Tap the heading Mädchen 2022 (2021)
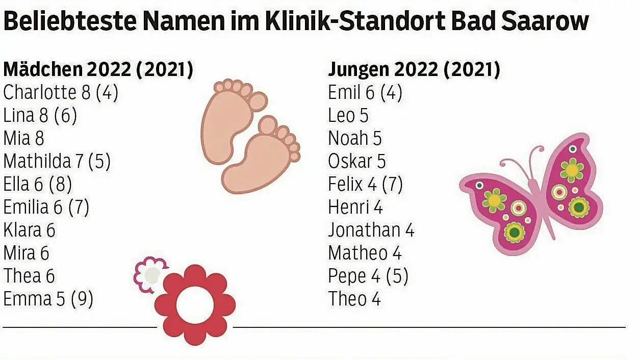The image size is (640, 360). (x=98, y=70)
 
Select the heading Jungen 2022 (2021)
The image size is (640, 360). (x=414, y=70)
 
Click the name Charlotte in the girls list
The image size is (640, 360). (x=40, y=93)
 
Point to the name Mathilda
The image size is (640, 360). (x=37, y=162)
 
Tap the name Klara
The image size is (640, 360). (x=22, y=230)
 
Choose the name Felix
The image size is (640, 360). (x=345, y=185)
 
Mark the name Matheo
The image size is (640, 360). (x=357, y=253)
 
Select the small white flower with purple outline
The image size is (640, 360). (x=151, y=275)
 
